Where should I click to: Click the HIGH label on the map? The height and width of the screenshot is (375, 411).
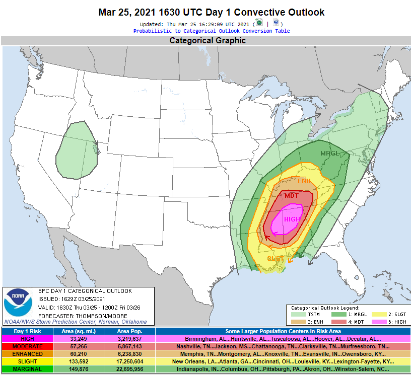coord(292,219)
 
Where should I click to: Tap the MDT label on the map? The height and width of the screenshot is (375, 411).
coord(292,196)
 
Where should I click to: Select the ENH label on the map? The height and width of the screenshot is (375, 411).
coord(304,181)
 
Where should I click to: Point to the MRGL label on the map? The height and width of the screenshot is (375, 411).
coord(330,154)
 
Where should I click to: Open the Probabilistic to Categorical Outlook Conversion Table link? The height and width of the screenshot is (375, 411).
coord(211,31)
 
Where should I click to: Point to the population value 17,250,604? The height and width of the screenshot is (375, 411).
coord(129,362)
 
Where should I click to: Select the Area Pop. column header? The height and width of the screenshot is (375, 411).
coord(129,331)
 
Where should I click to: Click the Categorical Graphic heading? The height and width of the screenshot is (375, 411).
coord(208,41)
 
